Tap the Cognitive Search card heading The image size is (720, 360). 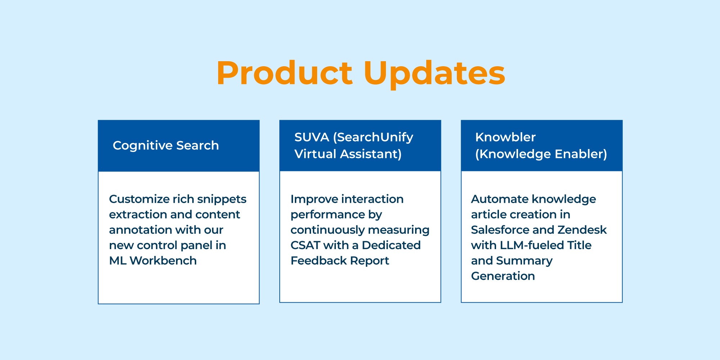coord(166,145)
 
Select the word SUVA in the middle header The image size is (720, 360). coord(312,137)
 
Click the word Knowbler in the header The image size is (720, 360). coord(505,137)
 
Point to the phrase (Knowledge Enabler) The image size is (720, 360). coord(541,154)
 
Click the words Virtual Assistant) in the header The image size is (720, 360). coord(348,154)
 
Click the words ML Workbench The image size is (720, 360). coord(153,261)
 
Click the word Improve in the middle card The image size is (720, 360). coord(314,199)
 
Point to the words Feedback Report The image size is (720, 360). coord(339,261)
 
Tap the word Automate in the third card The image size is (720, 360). coord(500,199)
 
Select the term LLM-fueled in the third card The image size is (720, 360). coord(532,245)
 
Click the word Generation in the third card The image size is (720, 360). coord(503,276)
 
